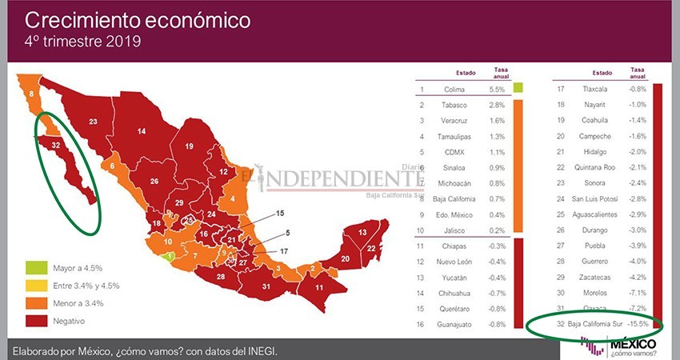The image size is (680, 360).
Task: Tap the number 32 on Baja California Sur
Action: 55,145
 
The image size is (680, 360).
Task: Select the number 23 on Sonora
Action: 93,122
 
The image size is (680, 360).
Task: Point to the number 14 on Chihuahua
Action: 141,130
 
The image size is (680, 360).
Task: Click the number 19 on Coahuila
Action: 190,146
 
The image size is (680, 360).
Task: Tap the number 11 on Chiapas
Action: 319,287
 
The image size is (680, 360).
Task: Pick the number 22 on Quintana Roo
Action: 371,249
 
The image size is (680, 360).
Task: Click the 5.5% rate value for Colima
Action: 496,90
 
